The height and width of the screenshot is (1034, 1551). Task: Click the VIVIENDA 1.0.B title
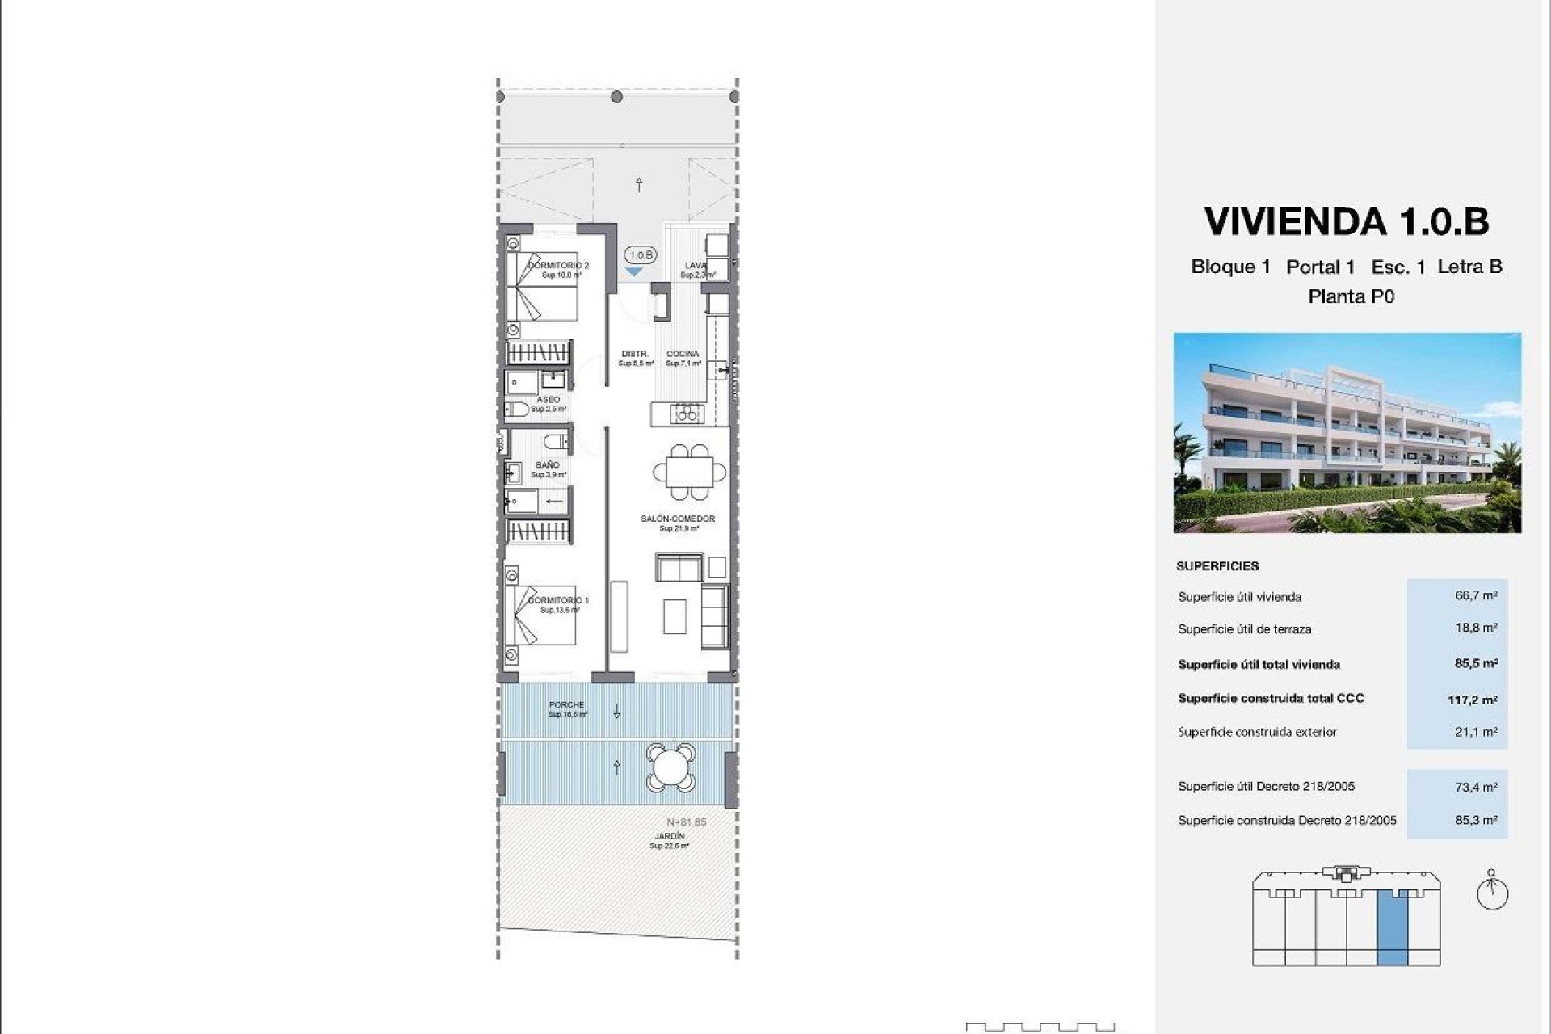pyautogui.click(x=1347, y=221)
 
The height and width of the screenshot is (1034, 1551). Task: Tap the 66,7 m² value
pyautogui.click(x=1476, y=595)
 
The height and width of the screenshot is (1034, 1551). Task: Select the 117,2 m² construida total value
pyautogui.click(x=1472, y=700)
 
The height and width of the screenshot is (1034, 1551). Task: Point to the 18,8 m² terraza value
pyautogui.click(x=1476, y=628)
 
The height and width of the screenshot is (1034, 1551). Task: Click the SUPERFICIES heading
pyautogui.click(x=1217, y=566)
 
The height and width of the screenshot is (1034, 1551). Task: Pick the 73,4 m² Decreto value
pyautogui.click(x=1476, y=786)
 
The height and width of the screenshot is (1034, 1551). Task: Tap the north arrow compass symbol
pyautogui.click(x=1492, y=892)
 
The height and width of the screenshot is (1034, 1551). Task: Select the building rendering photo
pyautogui.click(x=1347, y=433)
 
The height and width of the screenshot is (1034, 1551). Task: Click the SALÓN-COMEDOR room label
pyautogui.click(x=678, y=519)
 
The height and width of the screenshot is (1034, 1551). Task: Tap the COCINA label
pyautogui.click(x=683, y=354)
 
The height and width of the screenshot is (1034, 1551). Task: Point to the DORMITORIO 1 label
pyautogui.click(x=559, y=600)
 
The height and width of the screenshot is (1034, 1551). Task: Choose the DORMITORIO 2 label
pyautogui.click(x=559, y=265)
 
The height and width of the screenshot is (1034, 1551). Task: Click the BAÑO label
pyautogui.click(x=548, y=465)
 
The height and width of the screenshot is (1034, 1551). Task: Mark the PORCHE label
pyautogui.click(x=566, y=704)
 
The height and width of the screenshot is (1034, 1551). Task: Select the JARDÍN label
pyautogui.click(x=670, y=836)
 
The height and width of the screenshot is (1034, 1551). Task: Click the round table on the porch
pyautogui.click(x=670, y=767)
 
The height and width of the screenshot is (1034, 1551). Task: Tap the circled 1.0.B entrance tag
pyautogui.click(x=641, y=255)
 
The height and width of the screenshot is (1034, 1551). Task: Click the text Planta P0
pyautogui.click(x=1351, y=296)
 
